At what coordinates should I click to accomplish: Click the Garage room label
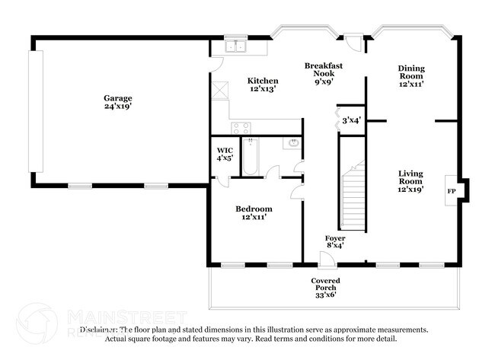click(x=118, y=97)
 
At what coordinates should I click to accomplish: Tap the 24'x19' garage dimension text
click(x=118, y=107)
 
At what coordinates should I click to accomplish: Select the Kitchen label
click(x=262, y=81)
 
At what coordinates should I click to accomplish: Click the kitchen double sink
click(x=238, y=47)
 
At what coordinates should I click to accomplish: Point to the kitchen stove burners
click(x=241, y=127)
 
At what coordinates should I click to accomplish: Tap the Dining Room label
click(x=410, y=72)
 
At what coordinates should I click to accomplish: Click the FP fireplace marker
click(x=452, y=190)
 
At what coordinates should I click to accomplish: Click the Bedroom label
click(x=254, y=209)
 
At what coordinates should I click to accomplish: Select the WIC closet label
click(x=224, y=150)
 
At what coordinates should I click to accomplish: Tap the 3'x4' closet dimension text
click(x=351, y=119)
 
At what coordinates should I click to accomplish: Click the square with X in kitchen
click(x=220, y=89)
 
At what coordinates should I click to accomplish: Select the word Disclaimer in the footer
click(x=99, y=330)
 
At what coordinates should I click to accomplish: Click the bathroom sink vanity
click(x=292, y=143)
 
